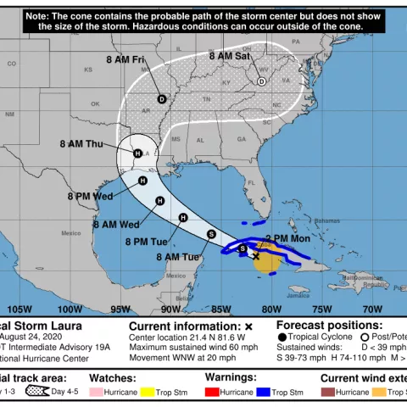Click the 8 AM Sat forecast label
tap(231, 56)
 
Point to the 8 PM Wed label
tap(91, 196)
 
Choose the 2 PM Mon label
tap(288, 239)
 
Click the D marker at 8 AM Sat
tap(261, 81)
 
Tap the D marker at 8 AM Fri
tap(162, 98)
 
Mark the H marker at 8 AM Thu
tap(137, 153)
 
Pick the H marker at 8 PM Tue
tap(182, 218)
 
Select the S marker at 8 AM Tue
tap(211, 235)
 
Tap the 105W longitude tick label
tap(20, 309)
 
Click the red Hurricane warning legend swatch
tap(211, 393)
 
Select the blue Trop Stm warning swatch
tap(267, 393)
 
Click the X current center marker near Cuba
tap(256, 255)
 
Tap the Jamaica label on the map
tap(298, 295)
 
